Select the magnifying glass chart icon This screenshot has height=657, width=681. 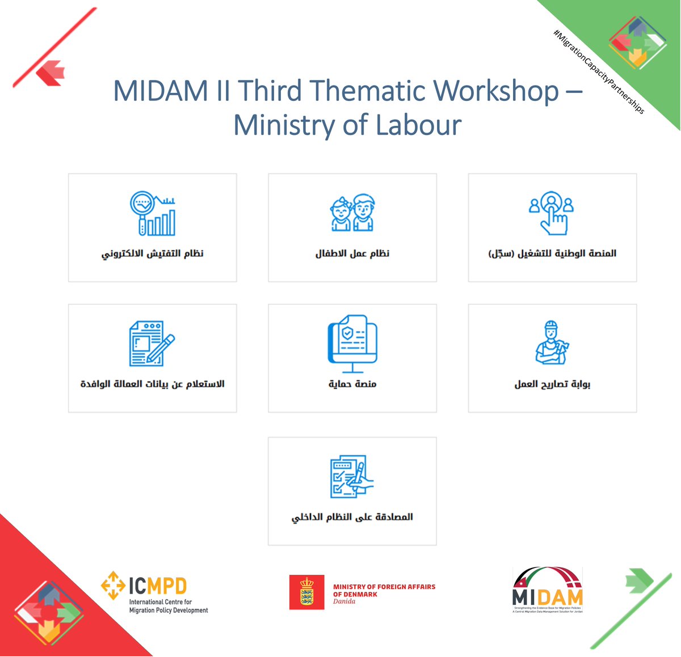coord(153,213)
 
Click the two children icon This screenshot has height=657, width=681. coord(352,213)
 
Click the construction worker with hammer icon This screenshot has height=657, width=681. coord(552,342)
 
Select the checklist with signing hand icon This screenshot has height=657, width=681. coord(352,476)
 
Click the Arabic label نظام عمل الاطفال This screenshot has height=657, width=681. coord(352,253)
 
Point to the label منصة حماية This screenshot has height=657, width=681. coord(352,384)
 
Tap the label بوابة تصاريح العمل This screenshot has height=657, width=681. coord(552,384)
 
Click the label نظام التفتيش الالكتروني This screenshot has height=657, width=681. coord(153,253)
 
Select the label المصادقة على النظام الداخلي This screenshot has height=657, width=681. coord(352,517)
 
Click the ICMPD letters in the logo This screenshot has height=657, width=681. coord(158,586)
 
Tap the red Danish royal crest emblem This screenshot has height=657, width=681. coord(306,592)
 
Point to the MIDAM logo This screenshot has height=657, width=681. coord(548,590)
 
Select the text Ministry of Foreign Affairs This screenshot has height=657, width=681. coord(384,587)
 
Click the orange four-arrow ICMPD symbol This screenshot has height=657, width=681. coord(113,585)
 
